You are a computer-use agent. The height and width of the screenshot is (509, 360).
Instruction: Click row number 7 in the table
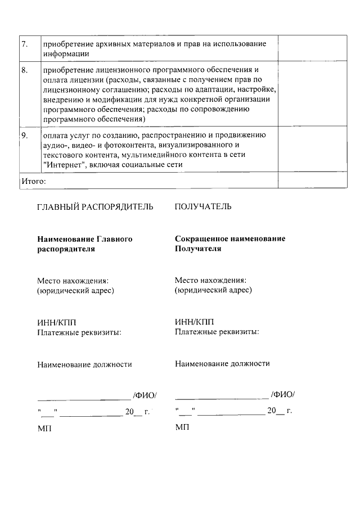click(x=24, y=44)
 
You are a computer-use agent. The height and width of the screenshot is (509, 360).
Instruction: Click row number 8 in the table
click(x=24, y=70)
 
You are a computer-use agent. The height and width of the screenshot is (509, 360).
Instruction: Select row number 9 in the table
click(x=24, y=136)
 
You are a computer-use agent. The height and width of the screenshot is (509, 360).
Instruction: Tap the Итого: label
click(x=33, y=181)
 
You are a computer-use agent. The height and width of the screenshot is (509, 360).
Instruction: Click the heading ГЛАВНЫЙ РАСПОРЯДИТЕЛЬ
click(x=95, y=207)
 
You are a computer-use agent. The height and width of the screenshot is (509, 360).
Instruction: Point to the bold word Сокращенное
click(x=201, y=238)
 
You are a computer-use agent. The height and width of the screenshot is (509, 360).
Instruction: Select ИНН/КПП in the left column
click(x=56, y=322)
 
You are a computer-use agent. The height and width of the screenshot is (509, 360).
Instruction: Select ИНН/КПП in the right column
click(x=194, y=322)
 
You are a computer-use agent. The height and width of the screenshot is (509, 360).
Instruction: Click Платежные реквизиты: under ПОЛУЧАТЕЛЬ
click(x=217, y=332)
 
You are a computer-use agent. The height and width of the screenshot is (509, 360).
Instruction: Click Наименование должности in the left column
click(x=84, y=364)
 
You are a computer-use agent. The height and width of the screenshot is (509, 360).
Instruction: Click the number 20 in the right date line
click(x=272, y=411)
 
